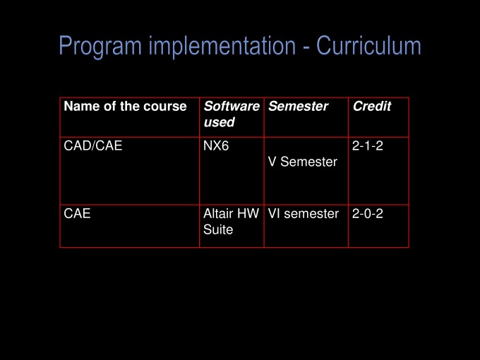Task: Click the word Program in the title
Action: pyautogui.click(x=100, y=46)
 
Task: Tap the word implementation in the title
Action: pyautogui.click(x=222, y=46)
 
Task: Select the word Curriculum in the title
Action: pyautogui.click(x=368, y=45)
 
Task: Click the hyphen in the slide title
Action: pyautogui.click(x=306, y=47)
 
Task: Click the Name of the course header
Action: pyautogui.click(x=125, y=106)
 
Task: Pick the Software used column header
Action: pyautogui.click(x=232, y=114)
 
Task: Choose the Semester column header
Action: pyautogui.click(x=298, y=106)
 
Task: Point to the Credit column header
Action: pyautogui.click(x=372, y=106)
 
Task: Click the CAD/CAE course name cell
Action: pyautogui.click(x=93, y=145)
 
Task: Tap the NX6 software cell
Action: pyautogui.click(x=216, y=145)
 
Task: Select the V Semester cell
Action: pyautogui.click(x=303, y=162)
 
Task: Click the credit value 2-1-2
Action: pyautogui.click(x=367, y=145)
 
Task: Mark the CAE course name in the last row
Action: pyautogui.click(x=77, y=213)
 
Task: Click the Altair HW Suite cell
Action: pyautogui.click(x=232, y=222)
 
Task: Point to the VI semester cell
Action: pyautogui.click(x=304, y=214)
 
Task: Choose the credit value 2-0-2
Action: pyautogui.click(x=367, y=214)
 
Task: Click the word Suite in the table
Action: pyautogui.click(x=218, y=229)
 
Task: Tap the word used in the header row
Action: pyautogui.click(x=220, y=122)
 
